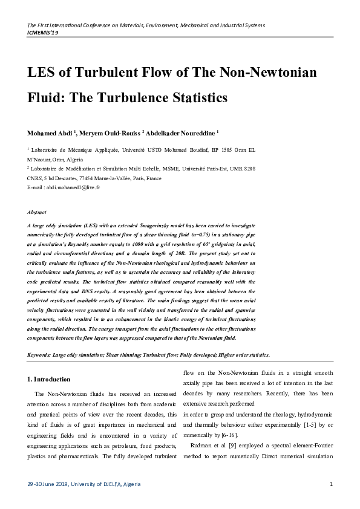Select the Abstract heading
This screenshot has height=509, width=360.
[38, 213]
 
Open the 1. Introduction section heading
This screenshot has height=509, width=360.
[50, 380]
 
